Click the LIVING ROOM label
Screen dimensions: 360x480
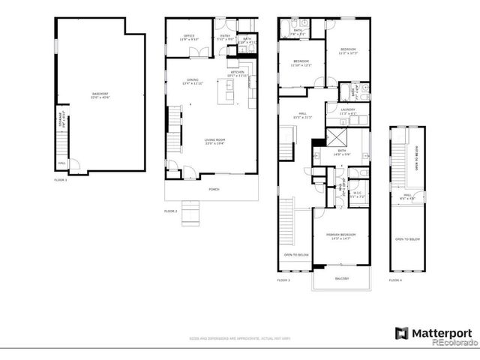[x=215, y=139]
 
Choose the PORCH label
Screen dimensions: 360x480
[x=214, y=189]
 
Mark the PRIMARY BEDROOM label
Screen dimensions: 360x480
[x=340, y=235]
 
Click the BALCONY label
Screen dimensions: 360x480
[x=342, y=278]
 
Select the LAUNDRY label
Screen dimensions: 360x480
[x=346, y=110]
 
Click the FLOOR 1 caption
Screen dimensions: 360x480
[x=61, y=180]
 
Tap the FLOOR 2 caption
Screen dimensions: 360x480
[x=170, y=211]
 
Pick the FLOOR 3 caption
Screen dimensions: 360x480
[x=283, y=280]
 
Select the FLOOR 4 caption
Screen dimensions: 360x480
[x=395, y=280]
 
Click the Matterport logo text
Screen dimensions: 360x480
[x=440, y=332]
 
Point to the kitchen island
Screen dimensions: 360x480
[x=226, y=94]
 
